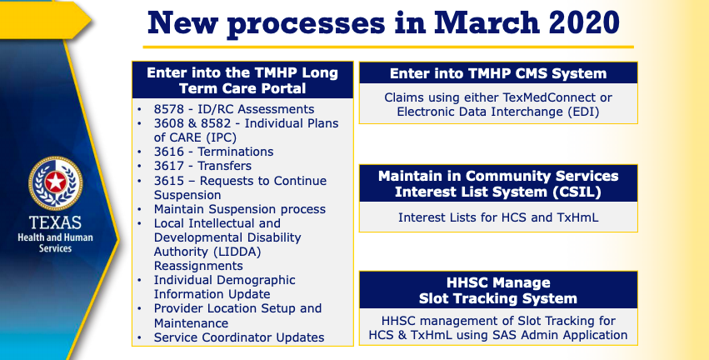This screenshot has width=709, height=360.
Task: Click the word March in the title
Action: tap(487, 22)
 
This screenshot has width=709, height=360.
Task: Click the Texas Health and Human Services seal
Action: tap(56, 183)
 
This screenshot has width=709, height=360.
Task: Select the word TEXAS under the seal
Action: tap(55, 222)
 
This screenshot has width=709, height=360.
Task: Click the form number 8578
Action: tap(168, 109)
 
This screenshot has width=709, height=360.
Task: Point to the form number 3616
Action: tap(168, 152)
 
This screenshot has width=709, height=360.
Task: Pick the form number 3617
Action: tap(168, 166)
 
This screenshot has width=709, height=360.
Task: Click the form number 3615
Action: tap(168, 181)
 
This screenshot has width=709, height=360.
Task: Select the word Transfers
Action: tap(225, 166)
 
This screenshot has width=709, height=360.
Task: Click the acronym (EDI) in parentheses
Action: tap(584, 112)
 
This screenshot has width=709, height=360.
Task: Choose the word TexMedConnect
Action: tap(547, 97)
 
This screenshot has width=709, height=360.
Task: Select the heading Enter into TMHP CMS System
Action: tap(498, 73)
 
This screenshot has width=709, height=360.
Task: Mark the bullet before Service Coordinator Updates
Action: tap(140, 337)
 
